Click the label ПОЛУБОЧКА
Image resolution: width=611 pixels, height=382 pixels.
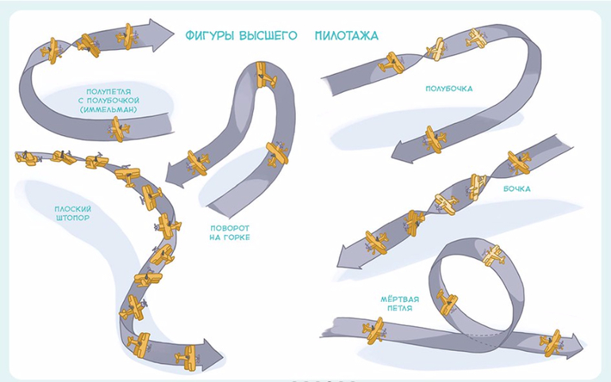[449, 89]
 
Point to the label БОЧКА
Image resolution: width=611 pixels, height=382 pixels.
[517, 189]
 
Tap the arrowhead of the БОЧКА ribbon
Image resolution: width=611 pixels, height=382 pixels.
[346, 256]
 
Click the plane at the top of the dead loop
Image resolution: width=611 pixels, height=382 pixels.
[494, 255]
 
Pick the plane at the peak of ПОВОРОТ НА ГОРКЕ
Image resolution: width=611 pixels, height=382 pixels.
[264, 79]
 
